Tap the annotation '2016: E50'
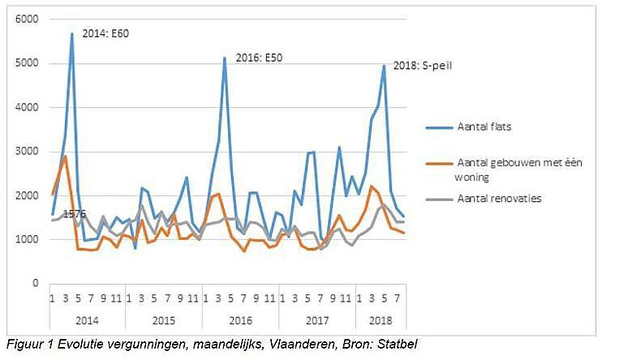click(x=261, y=58)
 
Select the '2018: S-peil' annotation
click(x=423, y=66)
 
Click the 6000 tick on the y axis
click(x=29, y=19)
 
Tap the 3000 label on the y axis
click(x=29, y=152)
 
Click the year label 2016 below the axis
click(x=241, y=319)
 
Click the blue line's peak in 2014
click(x=72, y=33)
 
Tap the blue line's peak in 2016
click(x=225, y=58)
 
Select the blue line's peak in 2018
click(x=384, y=66)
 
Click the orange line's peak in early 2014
click(x=65, y=156)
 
